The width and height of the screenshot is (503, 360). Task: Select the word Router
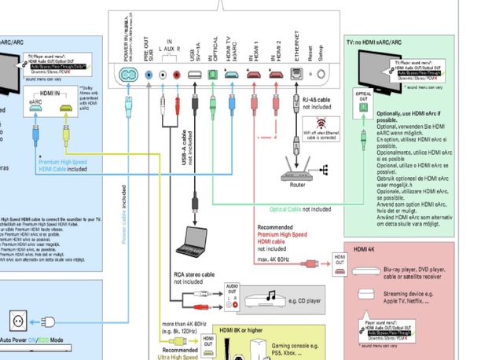pos(297,185)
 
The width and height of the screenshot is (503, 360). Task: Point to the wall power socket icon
pos(17,320)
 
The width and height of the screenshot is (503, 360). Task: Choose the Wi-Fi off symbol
pos(320,123)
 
